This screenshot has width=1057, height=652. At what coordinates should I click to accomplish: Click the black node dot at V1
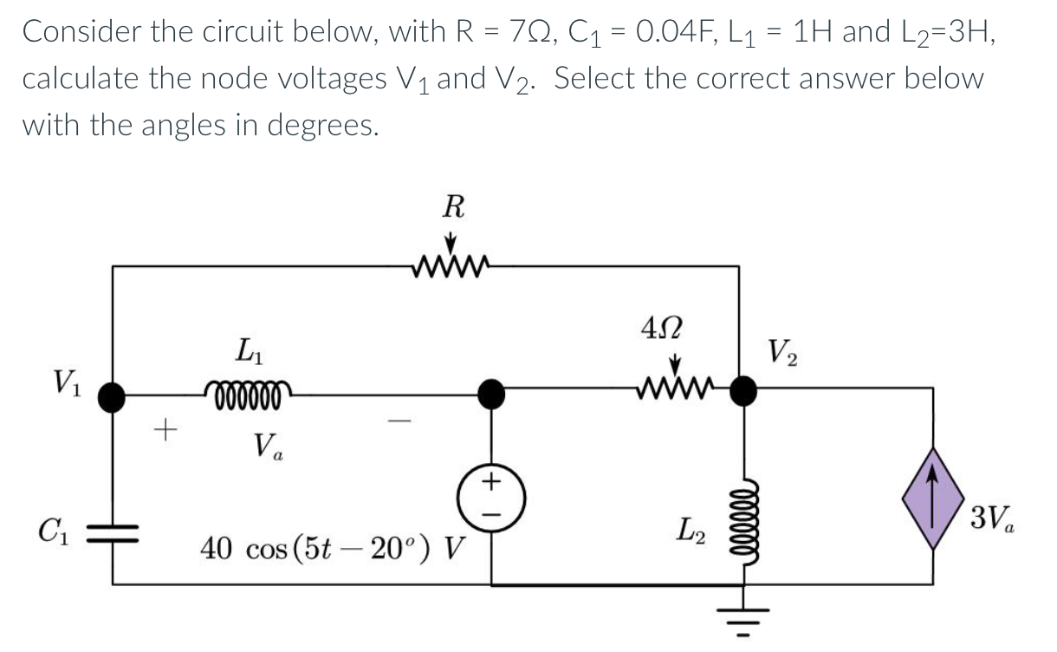[113, 396]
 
